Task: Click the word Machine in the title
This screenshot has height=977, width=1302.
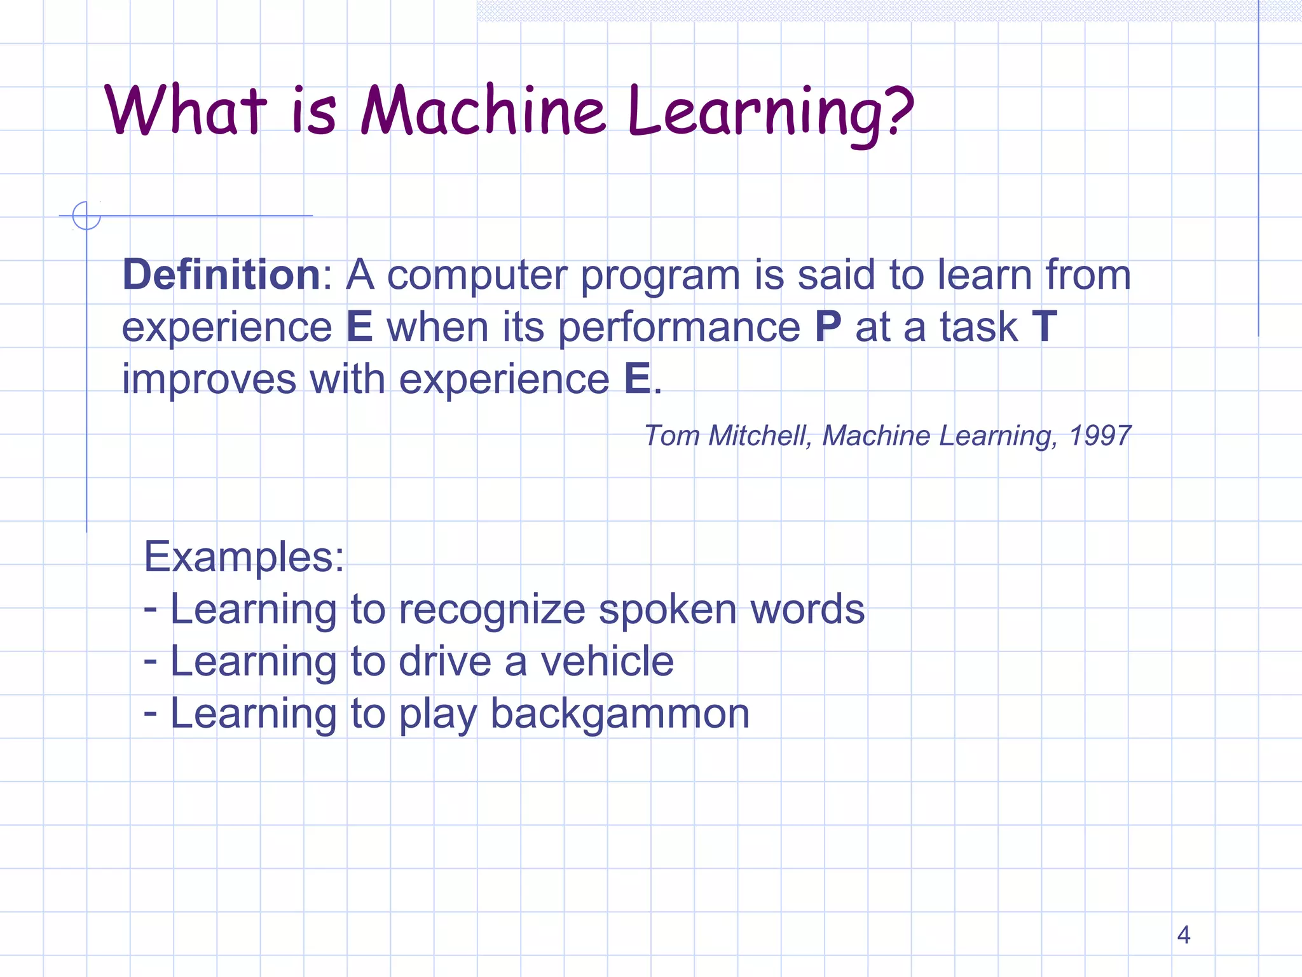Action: pos(483,111)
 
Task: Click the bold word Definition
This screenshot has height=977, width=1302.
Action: pos(221,275)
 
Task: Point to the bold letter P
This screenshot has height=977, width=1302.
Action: pos(828,327)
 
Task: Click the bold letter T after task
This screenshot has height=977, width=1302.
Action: pos(1044,327)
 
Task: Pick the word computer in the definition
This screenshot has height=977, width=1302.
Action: pos(477,276)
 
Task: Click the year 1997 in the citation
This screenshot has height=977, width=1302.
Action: pos(1100,436)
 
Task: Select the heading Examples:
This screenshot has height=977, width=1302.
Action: pos(244,557)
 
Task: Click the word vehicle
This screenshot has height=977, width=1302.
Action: pos(607,662)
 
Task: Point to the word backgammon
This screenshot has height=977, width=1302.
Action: pos(620,714)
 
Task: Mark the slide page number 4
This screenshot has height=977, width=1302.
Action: pos(1183,934)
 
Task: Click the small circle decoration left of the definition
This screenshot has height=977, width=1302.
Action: pos(86,216)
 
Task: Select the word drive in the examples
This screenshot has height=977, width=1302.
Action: pos(444,662)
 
